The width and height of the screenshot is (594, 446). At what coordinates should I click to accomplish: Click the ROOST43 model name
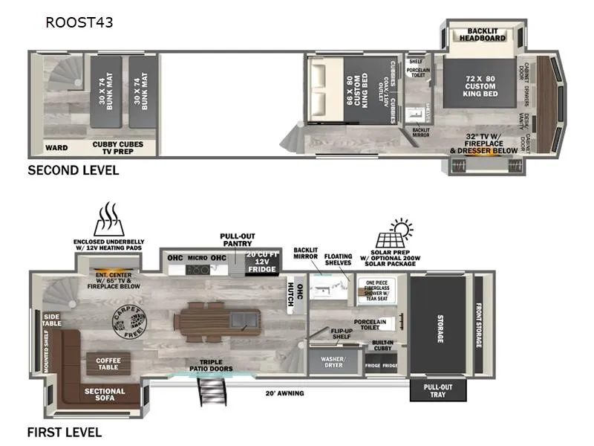pos(79,22)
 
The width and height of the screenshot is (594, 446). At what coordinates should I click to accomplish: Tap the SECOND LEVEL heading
pos(73,170)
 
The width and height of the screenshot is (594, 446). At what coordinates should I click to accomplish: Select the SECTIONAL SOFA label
pos(105,394)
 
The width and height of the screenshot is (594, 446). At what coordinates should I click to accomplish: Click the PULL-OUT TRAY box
pos(438,391)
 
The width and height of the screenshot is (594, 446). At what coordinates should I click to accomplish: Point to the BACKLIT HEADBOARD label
pos(482,34)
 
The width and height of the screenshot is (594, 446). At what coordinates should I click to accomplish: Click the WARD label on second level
pos(56,147)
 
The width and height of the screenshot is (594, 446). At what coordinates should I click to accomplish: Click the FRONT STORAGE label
pos(479,326)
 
